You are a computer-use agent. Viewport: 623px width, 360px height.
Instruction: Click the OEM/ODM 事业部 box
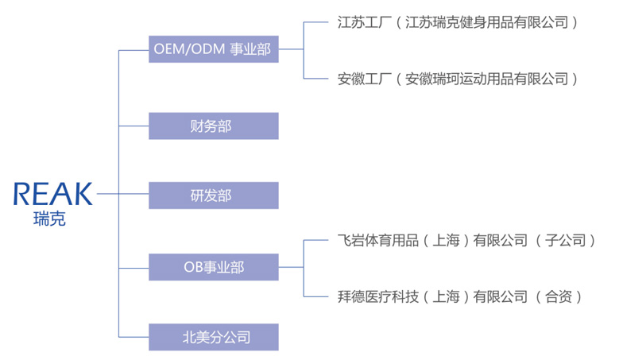pyautogui.click(x=213, y=50)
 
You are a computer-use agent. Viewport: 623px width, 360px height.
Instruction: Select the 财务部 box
pyautogui.click(x=213, y=126)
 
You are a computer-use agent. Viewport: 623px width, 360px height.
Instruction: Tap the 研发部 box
pyautogui.click(x=213, y=195)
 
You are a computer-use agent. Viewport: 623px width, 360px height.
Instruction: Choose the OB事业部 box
pyautogui.click(x=213, y=267)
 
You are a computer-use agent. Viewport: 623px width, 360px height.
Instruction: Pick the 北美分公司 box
pyautogui.click(x=213, y=337)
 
